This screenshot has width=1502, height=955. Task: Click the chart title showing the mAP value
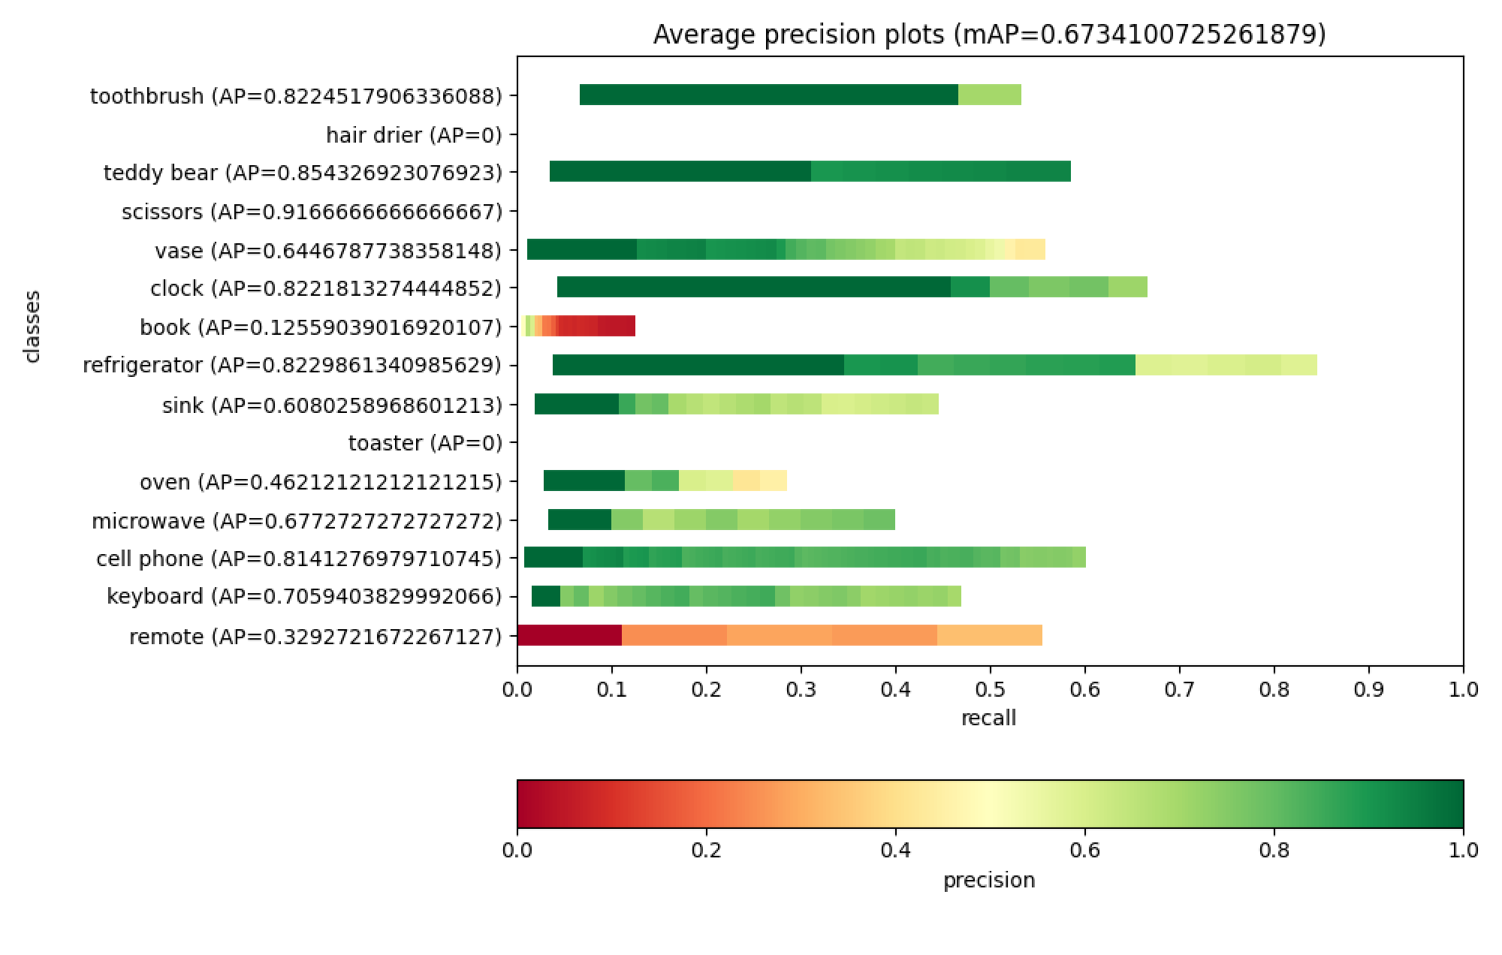point(989,35)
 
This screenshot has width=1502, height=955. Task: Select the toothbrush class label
point(296,96)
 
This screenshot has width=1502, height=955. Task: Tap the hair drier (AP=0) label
point(414,135)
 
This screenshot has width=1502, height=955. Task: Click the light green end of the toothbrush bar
point(989,95)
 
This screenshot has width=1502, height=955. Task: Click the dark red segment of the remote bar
point(569,636)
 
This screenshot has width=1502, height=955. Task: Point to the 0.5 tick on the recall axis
point(990,689)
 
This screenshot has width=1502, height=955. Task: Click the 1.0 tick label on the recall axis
point(1462,689)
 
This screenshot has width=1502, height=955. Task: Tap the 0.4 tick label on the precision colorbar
point(895,851)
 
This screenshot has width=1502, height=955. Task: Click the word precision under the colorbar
point(989,880)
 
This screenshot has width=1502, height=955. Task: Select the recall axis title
point(989,718)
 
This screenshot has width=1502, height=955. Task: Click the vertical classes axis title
point(32,327)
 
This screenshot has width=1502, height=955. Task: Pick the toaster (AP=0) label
point(425,443)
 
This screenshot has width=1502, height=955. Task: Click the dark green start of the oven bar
point(584,481)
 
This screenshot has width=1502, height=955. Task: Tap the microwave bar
point(721,520)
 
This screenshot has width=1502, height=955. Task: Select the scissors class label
point(312,212)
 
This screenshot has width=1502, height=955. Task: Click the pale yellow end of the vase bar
point(1029,249)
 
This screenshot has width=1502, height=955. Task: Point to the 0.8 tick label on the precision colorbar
point(1274,851)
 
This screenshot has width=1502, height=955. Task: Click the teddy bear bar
point(810,172)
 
